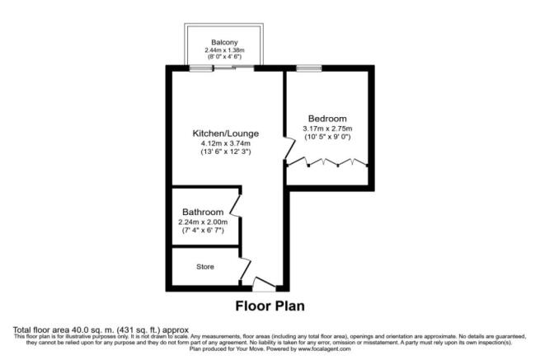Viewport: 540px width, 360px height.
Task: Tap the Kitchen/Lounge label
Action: coord(226,133)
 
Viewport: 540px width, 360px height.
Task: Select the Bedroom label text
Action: coord(327,118)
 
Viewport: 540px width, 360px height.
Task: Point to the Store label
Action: coord(205,266)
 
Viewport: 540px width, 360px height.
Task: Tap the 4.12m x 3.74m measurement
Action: coord(226,143)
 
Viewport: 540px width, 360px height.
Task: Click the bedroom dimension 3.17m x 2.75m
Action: coord(327,128)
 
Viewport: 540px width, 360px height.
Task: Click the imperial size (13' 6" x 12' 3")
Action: coord(226,152)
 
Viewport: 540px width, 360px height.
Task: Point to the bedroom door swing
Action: coord(288,149)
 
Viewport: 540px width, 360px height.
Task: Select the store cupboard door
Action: coord(245,268)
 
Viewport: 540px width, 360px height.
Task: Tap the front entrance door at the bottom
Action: coord(264,285)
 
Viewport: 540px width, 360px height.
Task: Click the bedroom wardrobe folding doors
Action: coord(327,163)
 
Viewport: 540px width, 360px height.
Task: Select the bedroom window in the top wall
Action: coord(309,68)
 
